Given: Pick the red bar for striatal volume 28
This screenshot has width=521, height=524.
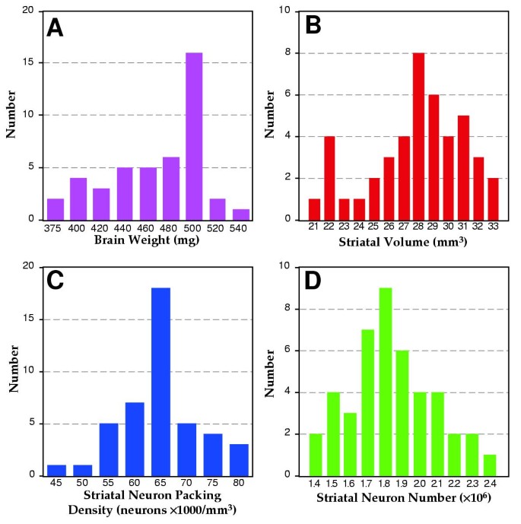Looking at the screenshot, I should pos(418,136).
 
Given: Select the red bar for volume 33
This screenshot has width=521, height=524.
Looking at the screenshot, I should pos(494,198).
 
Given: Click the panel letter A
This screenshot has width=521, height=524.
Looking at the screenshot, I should pos(55,27).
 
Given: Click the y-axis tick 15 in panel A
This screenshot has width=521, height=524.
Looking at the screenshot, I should pos(27,62).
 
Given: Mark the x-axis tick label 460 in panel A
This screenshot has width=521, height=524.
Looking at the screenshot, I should pos(149,229).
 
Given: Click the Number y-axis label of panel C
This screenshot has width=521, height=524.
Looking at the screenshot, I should pos(12,371).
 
